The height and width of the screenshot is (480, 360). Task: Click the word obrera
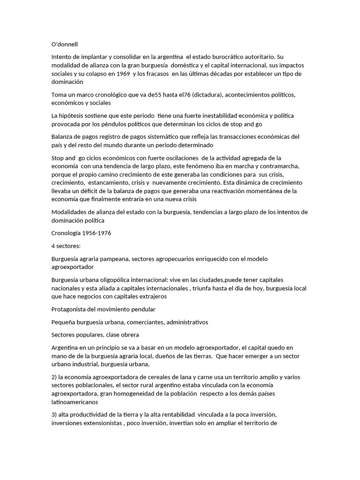[x=128, y=335]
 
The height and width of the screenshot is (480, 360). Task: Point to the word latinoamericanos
[x=78, y=402]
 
